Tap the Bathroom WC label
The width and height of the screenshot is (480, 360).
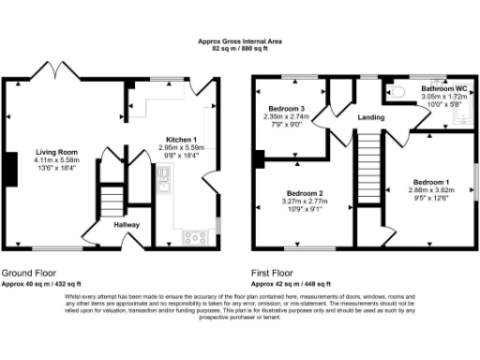pos(444,88)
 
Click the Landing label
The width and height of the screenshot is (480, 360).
pos(373,116)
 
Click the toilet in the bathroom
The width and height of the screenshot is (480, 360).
pos(396,92)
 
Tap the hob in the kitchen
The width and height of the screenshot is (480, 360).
pos(196,235)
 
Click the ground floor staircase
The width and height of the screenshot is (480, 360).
pos(112,199)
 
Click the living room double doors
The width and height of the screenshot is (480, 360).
pos(52,72)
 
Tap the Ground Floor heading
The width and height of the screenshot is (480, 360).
pos(25,273)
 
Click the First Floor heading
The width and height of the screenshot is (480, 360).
pos(273,273)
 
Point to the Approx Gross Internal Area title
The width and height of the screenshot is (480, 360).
pos(240,39)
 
